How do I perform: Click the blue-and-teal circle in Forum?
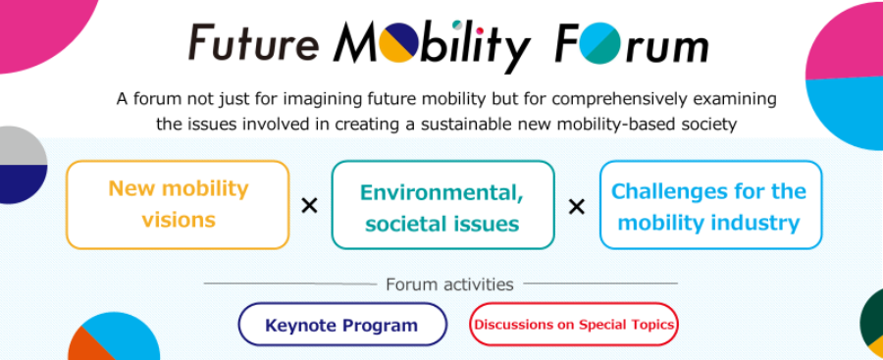pos(604,42)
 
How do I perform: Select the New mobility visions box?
pos(178,204)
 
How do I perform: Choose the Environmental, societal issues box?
pos(442,205)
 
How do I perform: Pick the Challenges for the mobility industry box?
pos(710,205)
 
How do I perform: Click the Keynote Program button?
pos(342,325)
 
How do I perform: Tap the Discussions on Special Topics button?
pos(574,325)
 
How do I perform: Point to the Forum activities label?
pos(449,283)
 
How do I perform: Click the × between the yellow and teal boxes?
pos(310,207)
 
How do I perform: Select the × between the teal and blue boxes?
pos(577,207)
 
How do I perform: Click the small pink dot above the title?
pos(481,30)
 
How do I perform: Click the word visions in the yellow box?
pos(179,220)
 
